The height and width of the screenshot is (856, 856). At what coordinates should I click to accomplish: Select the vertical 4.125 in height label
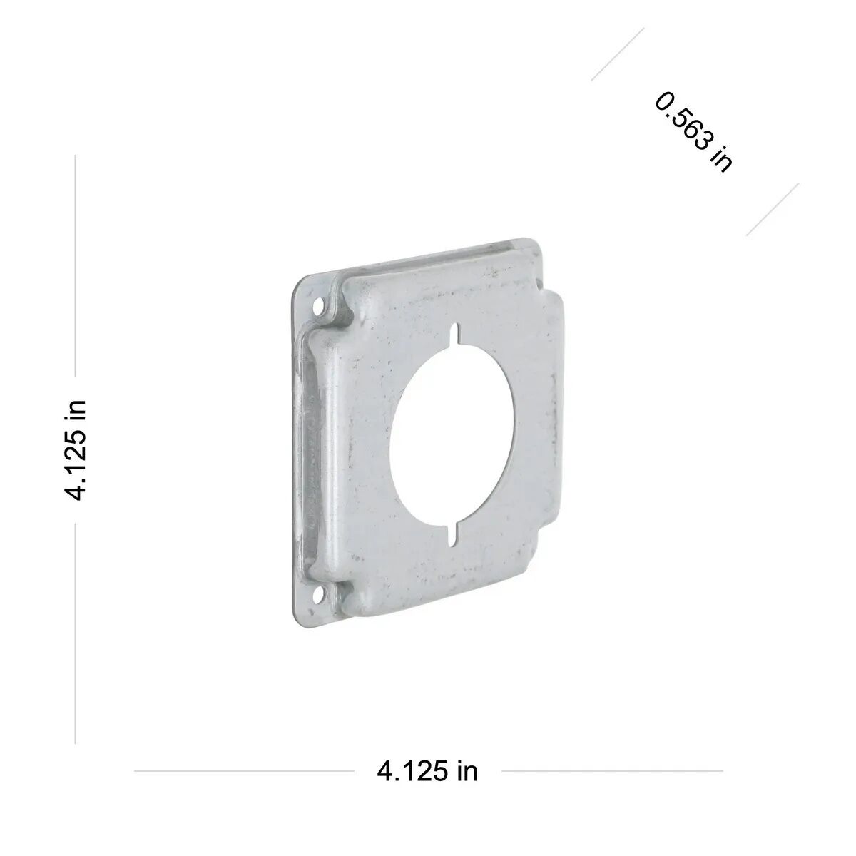tap(76, 449)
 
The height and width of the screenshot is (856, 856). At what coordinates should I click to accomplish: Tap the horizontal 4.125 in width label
tap(427, 771)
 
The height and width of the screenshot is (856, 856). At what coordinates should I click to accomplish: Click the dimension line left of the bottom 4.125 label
tap(243, 771)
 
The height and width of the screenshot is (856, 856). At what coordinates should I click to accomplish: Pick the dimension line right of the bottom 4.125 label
tap(612, 771)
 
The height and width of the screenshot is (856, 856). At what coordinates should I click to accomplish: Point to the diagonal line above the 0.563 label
tap(618, 54)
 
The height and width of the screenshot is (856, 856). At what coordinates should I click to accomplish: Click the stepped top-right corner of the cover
tap(549, 285)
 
